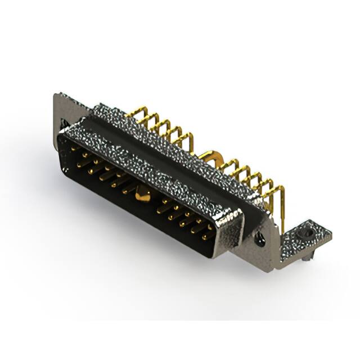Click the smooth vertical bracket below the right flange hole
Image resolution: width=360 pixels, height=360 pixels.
(x=267, y=256)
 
